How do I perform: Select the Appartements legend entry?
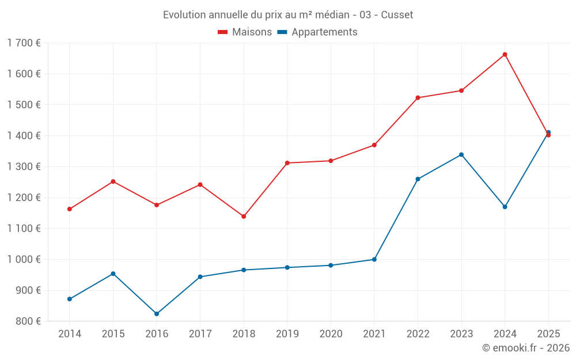click(317, 32)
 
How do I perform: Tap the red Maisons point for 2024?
click(505, 55)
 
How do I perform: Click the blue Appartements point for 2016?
click(157, 314)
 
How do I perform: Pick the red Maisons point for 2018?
click(244, 217)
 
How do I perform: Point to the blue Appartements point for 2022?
click(418, 179)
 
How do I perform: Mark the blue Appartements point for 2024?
click(505, 207)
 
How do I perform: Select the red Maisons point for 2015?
click(113, 181)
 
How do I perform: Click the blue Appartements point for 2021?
click(374, 259)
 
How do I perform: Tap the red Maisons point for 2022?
click(418, 98)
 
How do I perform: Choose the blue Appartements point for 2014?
click(70, 299)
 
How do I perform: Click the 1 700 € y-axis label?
click(24, 43)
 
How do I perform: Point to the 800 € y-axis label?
click(27, 321)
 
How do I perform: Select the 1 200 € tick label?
click(24, 198)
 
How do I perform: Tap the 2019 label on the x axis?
click(287, 334)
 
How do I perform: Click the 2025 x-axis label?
click(548, 334)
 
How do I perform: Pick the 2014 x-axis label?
click(70, 334)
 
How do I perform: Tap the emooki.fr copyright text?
click(526, 348)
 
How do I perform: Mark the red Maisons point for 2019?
click(287, 163)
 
